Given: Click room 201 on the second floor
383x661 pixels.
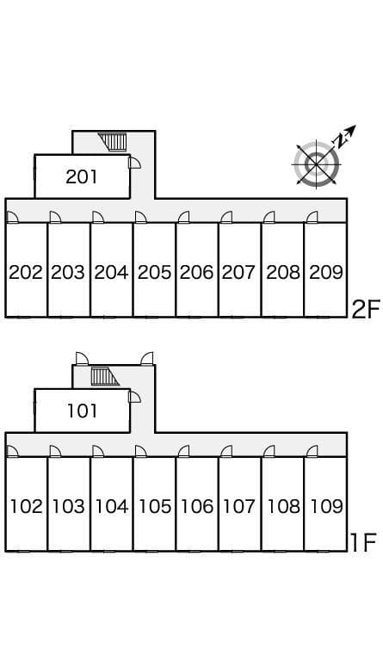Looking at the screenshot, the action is tap(82, 176).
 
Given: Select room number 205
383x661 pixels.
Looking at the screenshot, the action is tap(155, 272).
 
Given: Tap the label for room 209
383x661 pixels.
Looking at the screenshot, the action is tap(326, 272).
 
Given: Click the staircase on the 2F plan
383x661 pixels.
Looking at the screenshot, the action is tap(113, 142).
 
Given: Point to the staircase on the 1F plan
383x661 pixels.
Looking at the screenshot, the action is tap(104, 376).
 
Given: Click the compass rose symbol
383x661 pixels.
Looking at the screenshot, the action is tap(317, 163).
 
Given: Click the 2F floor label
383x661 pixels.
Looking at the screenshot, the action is tap(366, 310).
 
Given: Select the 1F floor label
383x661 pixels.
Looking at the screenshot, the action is tap(363, 543).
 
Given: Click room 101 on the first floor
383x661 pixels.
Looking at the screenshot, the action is tap(82, 411).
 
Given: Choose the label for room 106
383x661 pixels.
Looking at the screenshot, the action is tap(197, 506).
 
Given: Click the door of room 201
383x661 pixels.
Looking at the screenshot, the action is tap(135, 163).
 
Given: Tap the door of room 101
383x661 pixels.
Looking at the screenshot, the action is tap(135, 397).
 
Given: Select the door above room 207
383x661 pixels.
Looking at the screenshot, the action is tap(226, 217).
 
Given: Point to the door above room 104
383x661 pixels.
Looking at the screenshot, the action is tap(98, 452).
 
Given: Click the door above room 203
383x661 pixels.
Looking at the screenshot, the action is tap(55, 217).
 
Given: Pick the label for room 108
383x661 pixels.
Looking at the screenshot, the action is tap(283, 506).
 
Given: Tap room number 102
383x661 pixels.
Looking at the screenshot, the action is tap(26, 506).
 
